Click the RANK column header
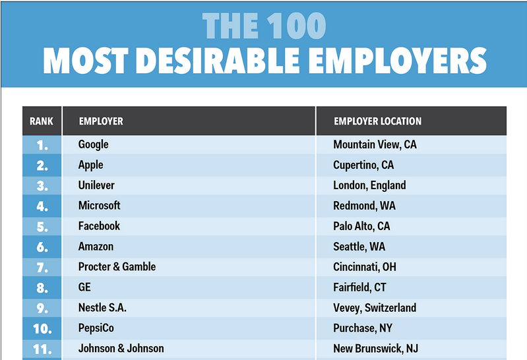point(42,121)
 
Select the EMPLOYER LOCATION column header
point(377,121)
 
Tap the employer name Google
point(94,145)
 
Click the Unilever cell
point(96,185)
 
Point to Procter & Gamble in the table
point(117,266)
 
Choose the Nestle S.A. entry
point(102,307)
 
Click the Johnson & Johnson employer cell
point(121,348)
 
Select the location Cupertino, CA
point(363,165)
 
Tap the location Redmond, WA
point(364,206)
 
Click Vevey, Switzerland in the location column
point(375,308)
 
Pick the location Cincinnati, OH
point(365,267)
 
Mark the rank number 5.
point(42,227)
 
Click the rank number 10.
point(42,329)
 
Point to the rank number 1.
point(42,146)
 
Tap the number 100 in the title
point(296,26)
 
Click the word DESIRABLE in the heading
point(218,61)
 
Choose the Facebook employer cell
point(99,226)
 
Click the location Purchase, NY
point(363,328)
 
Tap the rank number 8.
point(42,288)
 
